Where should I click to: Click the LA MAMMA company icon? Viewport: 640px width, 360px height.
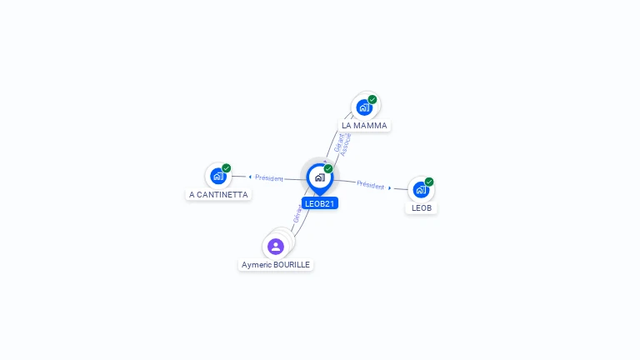pos(363,107)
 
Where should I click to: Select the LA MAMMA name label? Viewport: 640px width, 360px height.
pos(364,126)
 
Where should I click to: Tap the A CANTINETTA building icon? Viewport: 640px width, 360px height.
pos(218,176)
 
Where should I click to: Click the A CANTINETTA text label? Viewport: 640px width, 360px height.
pos(218,195)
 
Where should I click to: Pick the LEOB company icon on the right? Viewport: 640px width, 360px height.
pos(421,189)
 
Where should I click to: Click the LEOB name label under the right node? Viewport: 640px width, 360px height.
pos(422,207)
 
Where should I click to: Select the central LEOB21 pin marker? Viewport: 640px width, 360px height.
pos(319,177)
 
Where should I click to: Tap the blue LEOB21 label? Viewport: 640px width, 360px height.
pos(320,203)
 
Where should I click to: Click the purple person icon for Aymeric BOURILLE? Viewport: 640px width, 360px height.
pos(276,246)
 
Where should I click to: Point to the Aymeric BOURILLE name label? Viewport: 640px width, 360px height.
pos(276,265)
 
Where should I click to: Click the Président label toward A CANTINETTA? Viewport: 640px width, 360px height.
pos(269,177)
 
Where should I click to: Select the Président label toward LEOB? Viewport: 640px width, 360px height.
pos(370,184)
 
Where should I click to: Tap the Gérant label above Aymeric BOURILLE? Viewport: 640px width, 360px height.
pos(297,213)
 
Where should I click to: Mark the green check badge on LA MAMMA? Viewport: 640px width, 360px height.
pos(372,99)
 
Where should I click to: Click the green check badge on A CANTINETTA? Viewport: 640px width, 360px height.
pos(227,168)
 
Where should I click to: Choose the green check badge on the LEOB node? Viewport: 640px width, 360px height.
pos(429,182)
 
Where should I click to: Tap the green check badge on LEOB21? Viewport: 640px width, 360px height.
pos(328,169)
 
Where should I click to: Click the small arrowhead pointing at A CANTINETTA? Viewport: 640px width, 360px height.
pos(250,177)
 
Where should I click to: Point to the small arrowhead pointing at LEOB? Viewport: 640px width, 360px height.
pos(389,187)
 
